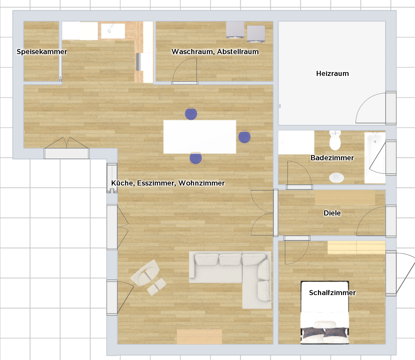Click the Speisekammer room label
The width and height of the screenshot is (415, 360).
[42, 52]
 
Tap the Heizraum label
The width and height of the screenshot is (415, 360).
[333, 73]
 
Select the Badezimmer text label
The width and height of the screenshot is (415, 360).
[332, 158]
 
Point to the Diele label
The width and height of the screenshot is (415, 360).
[332, 213]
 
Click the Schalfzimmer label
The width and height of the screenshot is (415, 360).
[332, 293]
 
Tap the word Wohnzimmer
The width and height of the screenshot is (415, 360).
[202, 183]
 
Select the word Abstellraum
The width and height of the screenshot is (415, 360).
[238, 52]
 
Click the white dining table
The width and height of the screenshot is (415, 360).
[200, 137]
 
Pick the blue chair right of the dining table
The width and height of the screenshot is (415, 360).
[244, 137]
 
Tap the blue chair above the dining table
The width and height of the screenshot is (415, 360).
[191, 114]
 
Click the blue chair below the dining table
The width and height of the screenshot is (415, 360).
[196, 158]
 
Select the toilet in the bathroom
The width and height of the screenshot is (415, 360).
[335, 140]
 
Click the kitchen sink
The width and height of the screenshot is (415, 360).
[113, 31]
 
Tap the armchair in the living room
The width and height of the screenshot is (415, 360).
[145, 273]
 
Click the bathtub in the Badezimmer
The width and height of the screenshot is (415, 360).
[375, 158]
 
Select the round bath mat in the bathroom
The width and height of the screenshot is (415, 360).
[336, 178]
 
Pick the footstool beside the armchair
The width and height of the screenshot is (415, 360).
[157, 287]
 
